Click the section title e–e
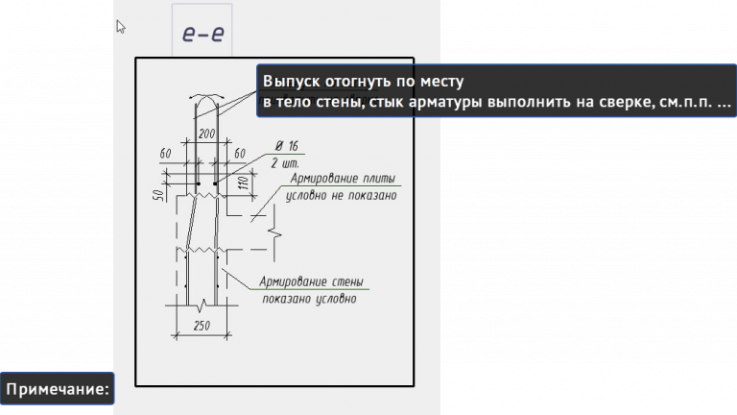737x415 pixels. (202, 35)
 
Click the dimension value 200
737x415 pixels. (204, 134)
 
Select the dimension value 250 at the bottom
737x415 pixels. (202, 326)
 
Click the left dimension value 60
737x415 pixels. (165, 154)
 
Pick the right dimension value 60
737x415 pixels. (240, 154)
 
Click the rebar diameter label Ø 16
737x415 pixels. (286, 145)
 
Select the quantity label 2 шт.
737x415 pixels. (286, 162)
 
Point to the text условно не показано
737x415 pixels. (342, 196)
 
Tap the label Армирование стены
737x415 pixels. (313, 282)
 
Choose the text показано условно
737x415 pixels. (310, 299)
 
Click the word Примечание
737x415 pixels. (57, 389)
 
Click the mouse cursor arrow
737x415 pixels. (121, 27)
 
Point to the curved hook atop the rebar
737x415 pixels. (204, 99)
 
